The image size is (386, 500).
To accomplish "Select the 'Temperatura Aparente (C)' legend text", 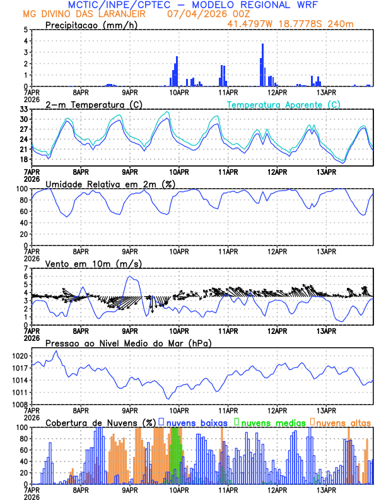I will click(283, 104).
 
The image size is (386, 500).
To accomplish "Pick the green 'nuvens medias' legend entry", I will click(271, 422).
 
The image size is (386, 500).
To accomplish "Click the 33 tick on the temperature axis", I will click(22, 109).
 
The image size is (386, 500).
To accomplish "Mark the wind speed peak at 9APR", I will click(129, 277).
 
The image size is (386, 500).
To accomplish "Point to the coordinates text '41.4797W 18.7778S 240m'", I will click(299, 24).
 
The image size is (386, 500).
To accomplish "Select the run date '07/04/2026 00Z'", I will click(201, 14).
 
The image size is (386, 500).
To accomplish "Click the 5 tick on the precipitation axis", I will click(25, 30).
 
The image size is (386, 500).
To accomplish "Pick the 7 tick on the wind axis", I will click(25, 268).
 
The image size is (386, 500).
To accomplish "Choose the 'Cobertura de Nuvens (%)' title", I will click(100, 422).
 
